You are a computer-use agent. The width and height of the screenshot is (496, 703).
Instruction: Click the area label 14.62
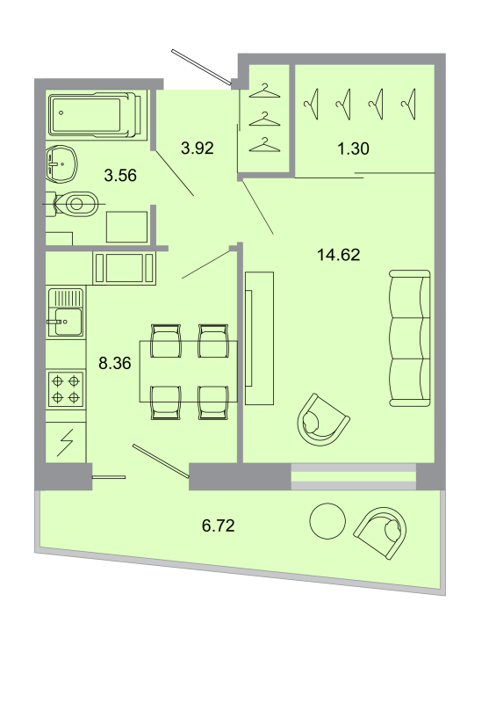pos(338,255)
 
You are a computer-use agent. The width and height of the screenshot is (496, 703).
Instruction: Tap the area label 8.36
pos(115,363)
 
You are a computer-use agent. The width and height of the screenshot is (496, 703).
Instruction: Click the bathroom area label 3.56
pos(120,175)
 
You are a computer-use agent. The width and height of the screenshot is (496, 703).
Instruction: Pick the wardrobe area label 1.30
pos(353,148)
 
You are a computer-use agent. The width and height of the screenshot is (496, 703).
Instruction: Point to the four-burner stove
pos(67,388)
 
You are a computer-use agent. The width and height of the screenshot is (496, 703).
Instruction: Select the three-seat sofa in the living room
pos(410,338)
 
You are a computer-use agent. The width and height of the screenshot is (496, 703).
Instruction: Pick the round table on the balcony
pos(328,521)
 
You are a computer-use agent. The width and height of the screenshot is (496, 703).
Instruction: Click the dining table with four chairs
pos(188,371)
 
